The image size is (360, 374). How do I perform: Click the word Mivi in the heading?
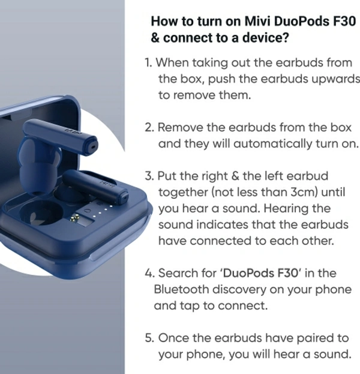pos(258,21)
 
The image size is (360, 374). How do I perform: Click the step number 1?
pos(148,63)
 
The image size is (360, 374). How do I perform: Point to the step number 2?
pos(149,128)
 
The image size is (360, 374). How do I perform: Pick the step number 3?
pos(149,176)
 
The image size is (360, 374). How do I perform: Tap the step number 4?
pos(150,273)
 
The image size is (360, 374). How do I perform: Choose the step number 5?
pos(149,338)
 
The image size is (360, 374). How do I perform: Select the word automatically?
pos(273,144)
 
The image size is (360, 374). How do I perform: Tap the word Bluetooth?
pos(181,289)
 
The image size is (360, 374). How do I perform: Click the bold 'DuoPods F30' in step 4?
pos(260,273)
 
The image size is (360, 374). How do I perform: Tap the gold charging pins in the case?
pos(76,218)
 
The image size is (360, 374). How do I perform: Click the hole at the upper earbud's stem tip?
pos(93,146)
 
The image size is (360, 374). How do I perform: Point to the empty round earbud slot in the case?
pos(41,213)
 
